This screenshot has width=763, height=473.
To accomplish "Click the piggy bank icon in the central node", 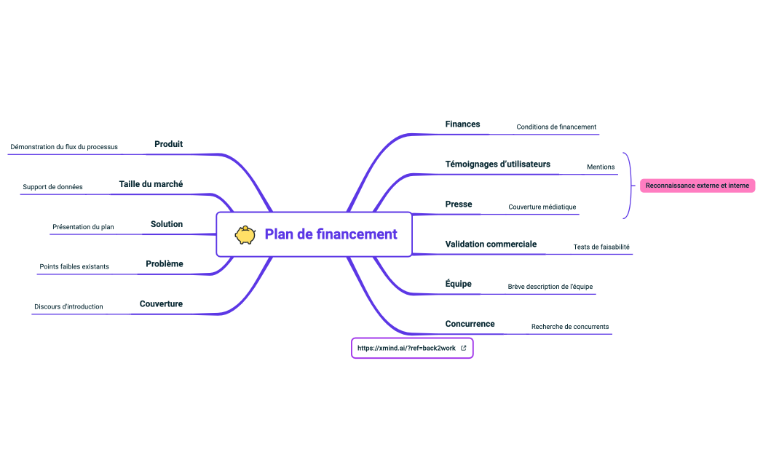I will click(x=245, y=234).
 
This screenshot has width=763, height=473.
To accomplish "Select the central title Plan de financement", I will click(x=331, y=234).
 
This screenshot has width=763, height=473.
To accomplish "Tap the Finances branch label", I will click(x=462, y=124).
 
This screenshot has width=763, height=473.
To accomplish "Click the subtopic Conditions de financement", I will click(x=556, y=127).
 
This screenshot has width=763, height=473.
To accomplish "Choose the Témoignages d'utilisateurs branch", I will click(x=497, y=164).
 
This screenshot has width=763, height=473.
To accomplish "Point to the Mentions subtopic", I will click(x=601, y=167).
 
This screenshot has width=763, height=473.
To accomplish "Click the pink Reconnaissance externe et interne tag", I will click(x=697, y=186).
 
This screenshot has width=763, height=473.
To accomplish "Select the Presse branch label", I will click(x=459, y=204).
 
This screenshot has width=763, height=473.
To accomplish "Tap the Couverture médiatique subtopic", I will click(x=542, y=207).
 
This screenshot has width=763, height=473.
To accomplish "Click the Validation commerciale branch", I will click(x=491, y=245).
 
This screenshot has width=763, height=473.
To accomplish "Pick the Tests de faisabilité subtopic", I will click(x=601, y=247).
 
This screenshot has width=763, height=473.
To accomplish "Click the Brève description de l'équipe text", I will click(x=550, y=287).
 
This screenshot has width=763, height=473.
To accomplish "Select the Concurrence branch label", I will click(x=470, y=324).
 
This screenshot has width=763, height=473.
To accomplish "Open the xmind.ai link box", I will click(x=406, y=349).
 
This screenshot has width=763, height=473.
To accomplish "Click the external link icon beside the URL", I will click(x=464, y=349).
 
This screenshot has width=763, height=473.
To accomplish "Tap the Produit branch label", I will click(x=168, y=144).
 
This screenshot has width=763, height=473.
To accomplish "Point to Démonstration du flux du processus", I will click(x=64, y=147).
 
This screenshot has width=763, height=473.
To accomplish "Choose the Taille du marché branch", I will click(x=151, y=184).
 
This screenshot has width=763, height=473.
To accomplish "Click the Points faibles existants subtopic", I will click(x=74, y=267).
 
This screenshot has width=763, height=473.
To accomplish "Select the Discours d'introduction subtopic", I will click(x=68, y=307).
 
